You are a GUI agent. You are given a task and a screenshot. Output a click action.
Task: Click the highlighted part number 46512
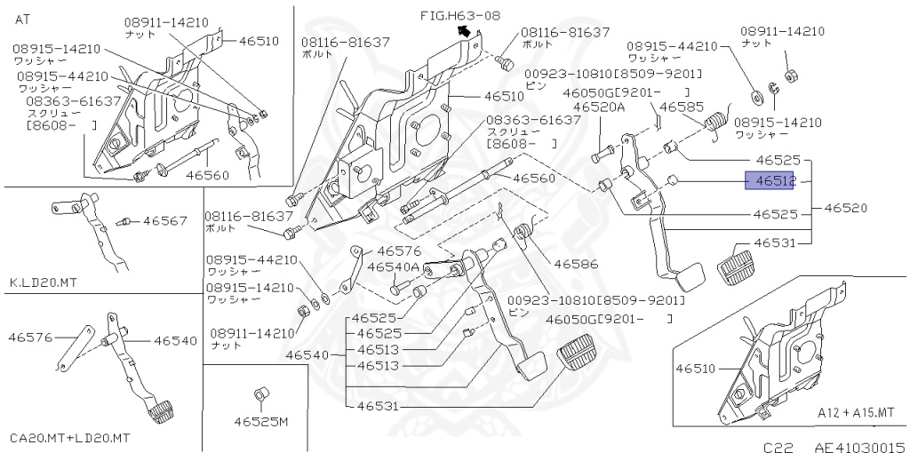click(769, 181)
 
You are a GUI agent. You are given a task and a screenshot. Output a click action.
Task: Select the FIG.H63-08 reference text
click(459, 15)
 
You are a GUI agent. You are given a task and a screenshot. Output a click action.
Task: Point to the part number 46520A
click(599, 106)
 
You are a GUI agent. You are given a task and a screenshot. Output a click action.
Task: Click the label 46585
click(681, 106)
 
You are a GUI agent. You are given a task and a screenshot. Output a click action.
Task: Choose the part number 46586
click(576, 264)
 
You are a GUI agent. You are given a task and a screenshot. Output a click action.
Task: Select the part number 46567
click(165, 220)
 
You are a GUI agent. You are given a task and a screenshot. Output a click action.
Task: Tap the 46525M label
click(262, 421)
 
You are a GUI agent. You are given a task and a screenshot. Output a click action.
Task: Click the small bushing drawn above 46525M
click(260, 393)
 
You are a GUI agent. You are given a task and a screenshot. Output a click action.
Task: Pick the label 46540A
click(393, 266)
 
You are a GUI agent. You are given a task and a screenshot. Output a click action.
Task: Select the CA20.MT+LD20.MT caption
click(70, 438)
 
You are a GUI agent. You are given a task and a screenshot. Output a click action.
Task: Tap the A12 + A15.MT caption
click(856, 414)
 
